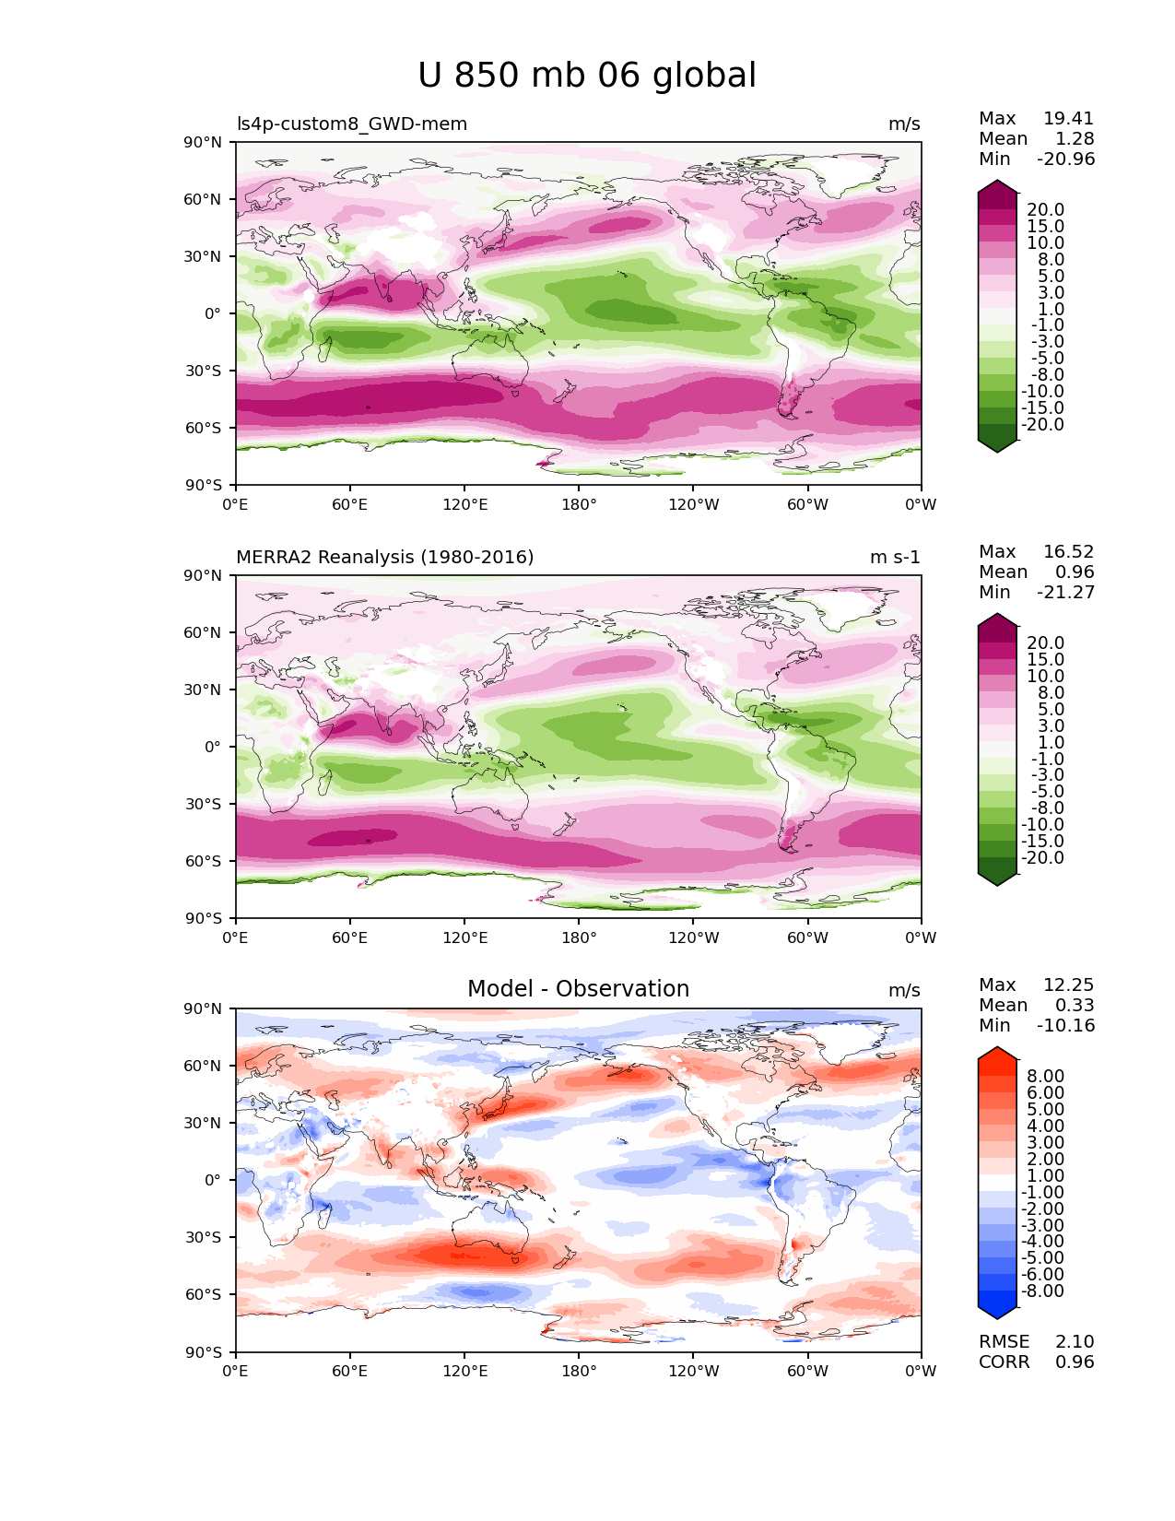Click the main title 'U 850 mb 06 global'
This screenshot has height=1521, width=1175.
click(586, 76)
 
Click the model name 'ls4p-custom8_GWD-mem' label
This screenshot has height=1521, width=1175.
click(352, 124)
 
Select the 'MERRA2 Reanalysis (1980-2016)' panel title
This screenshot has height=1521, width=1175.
click(384, 557)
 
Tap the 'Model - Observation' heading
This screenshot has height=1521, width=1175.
click(578, 988)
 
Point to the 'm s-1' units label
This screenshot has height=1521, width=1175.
click(894, 557)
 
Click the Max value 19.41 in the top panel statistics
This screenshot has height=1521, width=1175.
click(1068, 118)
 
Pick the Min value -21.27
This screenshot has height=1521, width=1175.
click(1065, 592)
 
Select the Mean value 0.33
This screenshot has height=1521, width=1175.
click(1075, 1005)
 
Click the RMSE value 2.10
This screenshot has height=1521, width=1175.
click(1075, 1341)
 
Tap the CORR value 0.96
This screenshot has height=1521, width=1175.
click(1075, 1362)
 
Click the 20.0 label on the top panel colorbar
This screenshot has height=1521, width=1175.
click(1046, 209)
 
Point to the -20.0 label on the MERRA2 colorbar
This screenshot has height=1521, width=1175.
click(1042, 857)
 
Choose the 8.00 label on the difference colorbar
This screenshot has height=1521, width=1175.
click(1046, 1076)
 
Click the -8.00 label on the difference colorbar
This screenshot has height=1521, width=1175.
click(1042, 1291)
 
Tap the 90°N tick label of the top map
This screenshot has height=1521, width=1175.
click(203, 142)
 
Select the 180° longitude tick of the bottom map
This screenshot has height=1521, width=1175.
click(579, 1371)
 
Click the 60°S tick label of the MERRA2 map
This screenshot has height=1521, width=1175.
click(204, 861)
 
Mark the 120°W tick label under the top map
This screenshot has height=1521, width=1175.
click(694, 504)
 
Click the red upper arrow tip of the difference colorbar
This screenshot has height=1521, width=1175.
click(997, 1048)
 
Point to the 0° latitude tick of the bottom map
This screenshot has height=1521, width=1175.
click(213, 1180)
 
